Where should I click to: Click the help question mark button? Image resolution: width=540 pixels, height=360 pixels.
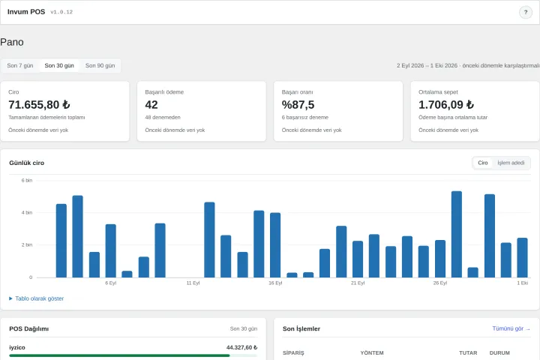[526, 13]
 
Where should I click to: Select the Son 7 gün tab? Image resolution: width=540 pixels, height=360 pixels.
[20, 65]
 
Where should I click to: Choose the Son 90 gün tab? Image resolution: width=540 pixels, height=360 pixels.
[100, 65]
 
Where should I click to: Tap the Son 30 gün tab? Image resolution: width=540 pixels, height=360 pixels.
[59, 65]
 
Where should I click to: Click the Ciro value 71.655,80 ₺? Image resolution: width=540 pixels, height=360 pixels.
[39, 104]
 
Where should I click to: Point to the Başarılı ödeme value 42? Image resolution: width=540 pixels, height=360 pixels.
[151, 104]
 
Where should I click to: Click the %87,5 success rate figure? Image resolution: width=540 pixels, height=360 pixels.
[298, 104]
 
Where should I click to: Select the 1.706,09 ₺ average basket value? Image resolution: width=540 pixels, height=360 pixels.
[446, 104]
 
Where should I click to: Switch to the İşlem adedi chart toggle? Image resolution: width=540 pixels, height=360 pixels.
[511, 163]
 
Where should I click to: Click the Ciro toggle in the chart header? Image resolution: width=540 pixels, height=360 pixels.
[483, 163]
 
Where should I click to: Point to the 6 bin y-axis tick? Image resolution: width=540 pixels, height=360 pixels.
[27, 180]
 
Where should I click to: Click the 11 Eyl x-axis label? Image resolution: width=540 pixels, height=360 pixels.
[193, 283]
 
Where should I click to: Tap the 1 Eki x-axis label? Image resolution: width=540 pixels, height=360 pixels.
[523, 283]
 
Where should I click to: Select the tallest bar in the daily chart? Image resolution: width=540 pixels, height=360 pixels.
[457, 234]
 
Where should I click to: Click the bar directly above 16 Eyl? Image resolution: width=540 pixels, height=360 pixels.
[275, 245]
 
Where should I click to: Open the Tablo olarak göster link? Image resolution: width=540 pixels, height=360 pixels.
[37, 298]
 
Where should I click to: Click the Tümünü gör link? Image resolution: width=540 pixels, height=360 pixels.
[511, 328]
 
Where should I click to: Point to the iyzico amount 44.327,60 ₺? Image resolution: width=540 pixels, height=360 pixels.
[241, 347]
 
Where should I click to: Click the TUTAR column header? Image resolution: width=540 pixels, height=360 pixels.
[468, 352]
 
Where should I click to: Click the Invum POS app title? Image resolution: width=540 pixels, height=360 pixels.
[26, 12]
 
